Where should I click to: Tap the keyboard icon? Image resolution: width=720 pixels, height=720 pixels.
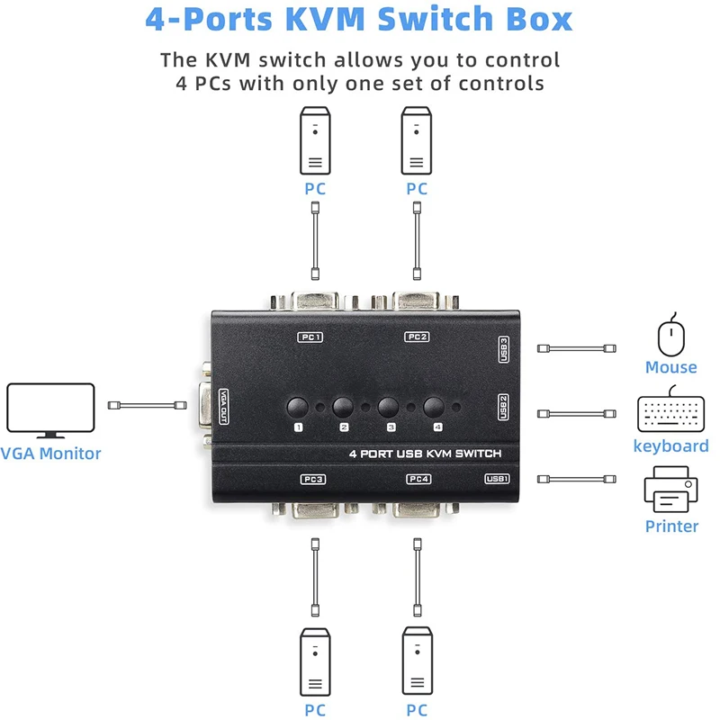coord(670,412)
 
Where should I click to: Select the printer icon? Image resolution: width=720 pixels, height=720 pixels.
coord(670,490)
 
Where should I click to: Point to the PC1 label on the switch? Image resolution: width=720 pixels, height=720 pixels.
coord(310,337)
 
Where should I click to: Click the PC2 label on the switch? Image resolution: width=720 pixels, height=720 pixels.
coord(417,337)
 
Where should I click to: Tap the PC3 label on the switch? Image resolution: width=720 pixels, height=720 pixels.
coord(313,479)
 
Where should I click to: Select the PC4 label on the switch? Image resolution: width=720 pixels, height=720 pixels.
coord(418,479)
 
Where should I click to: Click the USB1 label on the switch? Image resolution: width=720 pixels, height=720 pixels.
coord(497,479)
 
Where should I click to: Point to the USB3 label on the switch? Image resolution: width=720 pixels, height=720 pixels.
coord(504,349)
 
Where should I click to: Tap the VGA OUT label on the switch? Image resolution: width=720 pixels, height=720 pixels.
coord(223,407)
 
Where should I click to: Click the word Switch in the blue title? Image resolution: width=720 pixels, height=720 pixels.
coord(435,19)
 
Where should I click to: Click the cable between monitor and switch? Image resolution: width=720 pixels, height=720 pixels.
coord(147,405)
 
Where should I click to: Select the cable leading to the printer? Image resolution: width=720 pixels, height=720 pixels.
coord(576,479)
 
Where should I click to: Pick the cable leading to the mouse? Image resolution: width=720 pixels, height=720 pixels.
coord(576,348)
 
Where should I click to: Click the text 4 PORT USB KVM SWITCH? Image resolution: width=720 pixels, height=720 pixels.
coord(425,454)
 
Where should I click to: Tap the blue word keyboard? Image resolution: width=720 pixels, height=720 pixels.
coord(670,445)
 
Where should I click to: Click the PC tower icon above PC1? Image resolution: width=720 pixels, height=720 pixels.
coord(315,140)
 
